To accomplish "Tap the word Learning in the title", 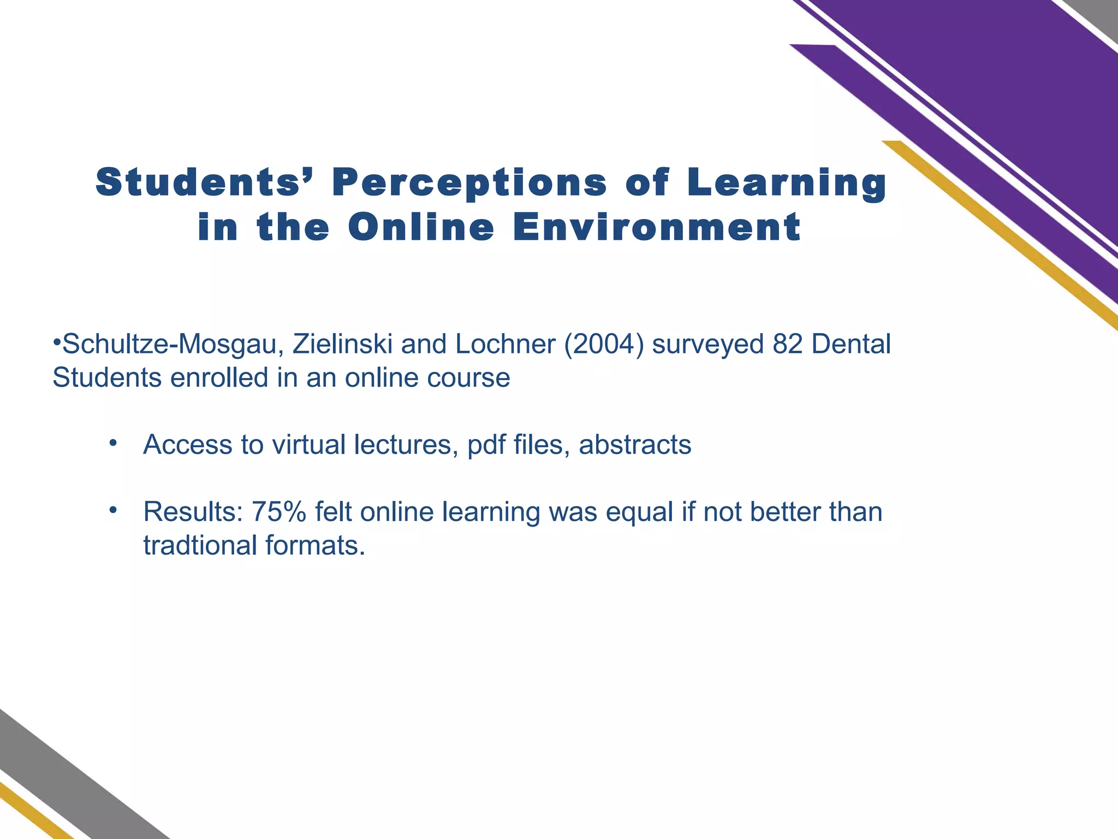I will coord(787,183).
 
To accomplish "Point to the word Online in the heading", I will coord(421,228).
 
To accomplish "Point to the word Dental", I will coord(852,344).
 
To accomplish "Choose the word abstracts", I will coord(635,445).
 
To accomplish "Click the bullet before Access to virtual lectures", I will coord(113,443).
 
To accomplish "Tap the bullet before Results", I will coord(113,510).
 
